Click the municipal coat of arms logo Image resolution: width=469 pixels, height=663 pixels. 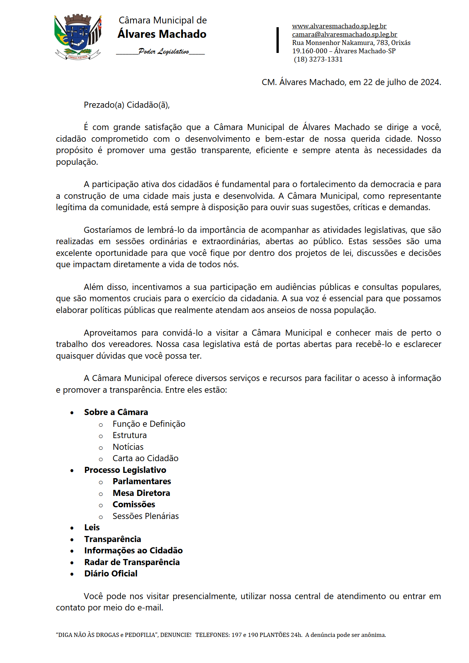click(x=78, y=37)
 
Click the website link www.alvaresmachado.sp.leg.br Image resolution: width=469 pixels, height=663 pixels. click(x=339, y=26)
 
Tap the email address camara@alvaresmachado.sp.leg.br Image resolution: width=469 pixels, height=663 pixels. click(x=344, y=34)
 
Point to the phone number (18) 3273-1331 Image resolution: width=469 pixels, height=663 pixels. click(x=318, y=59)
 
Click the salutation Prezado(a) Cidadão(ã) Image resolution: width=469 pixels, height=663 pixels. click(x=126, y=105)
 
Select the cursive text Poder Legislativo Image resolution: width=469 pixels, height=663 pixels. click(x=163, y=51)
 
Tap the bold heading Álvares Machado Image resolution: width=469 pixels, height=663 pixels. click(x=162, y=34)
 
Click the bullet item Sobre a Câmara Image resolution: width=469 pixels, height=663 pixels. click(x=116, y=412)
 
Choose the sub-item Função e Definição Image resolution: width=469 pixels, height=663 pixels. click(x=149, y=424)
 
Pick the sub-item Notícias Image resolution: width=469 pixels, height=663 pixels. click(x=128, y=447)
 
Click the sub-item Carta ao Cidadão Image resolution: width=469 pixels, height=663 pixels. click(x=145, y=459)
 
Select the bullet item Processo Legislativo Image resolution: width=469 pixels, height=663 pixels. click(x=125, y=470)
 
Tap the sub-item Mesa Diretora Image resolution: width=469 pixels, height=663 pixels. click(x=141, y=493)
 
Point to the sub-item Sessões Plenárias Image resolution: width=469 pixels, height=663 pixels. click(x=145, y=516)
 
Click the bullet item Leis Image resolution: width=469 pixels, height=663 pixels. click(x=92, y=528)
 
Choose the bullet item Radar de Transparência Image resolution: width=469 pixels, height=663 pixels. click(x=132, y=562)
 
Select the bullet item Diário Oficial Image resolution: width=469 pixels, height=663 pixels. click(x=110, y=574)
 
